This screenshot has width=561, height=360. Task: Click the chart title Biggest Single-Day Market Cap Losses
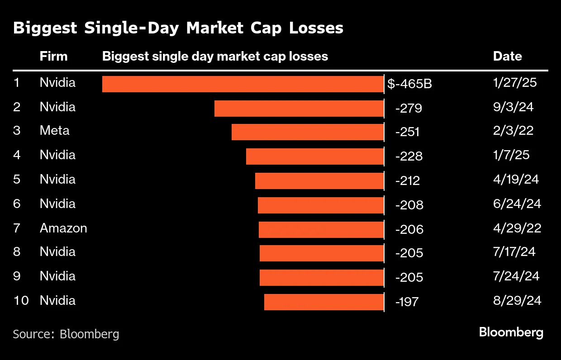[178, 28]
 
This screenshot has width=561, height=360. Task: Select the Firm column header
[53, 57]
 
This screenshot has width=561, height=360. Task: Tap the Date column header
[507, 57]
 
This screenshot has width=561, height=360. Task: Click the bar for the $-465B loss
[243, 84]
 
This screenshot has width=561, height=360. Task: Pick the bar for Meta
[308, 132]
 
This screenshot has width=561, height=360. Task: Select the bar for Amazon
[321, 230]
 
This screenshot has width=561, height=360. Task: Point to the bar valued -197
[324, 302]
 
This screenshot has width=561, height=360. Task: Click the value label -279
[409, 109]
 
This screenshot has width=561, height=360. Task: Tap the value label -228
[409, 156]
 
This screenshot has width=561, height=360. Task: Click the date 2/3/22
[513, 131]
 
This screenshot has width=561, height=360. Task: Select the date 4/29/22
[517, 228]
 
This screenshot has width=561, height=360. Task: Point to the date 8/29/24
[517, 301]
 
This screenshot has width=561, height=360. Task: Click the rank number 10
[21, 301]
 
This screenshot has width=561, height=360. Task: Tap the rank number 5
[17, 180]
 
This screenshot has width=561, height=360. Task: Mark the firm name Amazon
[63, 228]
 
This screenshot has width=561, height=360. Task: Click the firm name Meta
[54, 131]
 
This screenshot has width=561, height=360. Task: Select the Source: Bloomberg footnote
[66, 334]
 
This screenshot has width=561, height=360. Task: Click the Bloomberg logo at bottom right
[511, 333]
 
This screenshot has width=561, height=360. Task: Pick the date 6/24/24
[517, 204]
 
